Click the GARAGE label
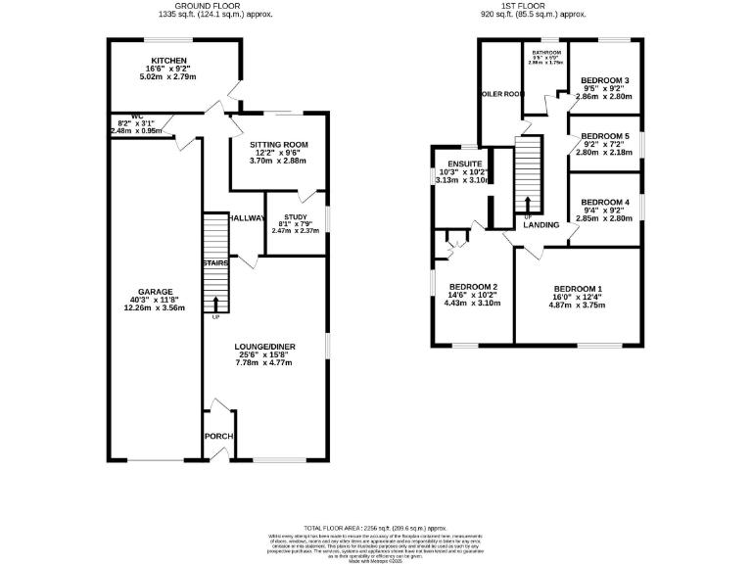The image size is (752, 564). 155,292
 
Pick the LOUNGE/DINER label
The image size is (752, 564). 264,347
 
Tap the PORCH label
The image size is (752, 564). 216,437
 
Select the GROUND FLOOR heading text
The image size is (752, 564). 217,7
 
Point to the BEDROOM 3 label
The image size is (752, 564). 604,80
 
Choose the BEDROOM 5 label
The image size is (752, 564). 604,136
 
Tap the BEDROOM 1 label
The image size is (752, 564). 578,289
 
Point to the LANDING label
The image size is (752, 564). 540,225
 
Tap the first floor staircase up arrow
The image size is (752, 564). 528,204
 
